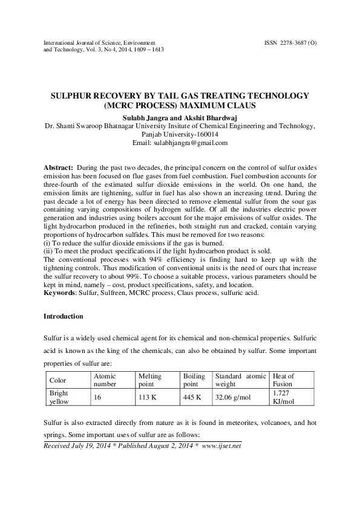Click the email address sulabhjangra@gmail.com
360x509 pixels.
click(x=180, y=143)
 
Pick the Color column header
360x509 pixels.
click(x=57, y=380)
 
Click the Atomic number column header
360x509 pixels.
click(x=103, y=380)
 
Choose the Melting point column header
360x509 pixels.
click(x=149, y=380)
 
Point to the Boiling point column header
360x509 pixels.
click(x=194, y=380)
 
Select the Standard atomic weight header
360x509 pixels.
click(x=240, y=380)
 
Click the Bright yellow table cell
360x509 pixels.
click(x=59, y=397)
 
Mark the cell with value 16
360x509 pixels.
click(x=97, y=397)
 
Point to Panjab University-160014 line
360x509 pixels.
click(x=180, y=134)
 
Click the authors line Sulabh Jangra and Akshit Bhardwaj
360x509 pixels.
click(x=180, y=117)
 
